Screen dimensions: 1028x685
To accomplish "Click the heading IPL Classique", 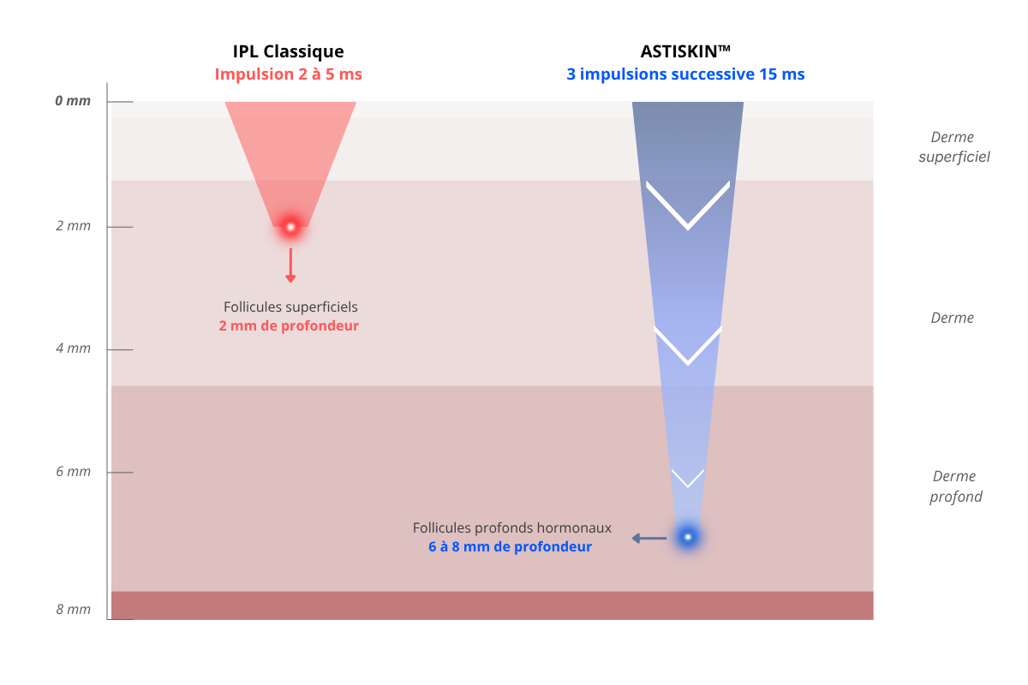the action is pos(288,52).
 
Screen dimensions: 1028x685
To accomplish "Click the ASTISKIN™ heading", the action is pos(685,51).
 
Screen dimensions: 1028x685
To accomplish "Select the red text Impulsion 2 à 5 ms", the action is pos(288,74).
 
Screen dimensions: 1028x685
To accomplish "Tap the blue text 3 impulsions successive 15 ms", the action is pos(685,74).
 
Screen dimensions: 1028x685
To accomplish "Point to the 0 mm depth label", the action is pos(73,100).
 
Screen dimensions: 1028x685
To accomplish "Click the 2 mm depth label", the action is pos(74,226).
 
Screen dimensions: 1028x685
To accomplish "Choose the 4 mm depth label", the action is pos(74,348).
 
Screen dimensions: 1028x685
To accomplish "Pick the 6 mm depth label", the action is pos(74,471).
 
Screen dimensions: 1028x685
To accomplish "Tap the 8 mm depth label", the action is pos(74,610).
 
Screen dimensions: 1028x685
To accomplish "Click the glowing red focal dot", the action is pos(290,227).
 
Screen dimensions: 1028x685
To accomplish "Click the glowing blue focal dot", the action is pos(687,537).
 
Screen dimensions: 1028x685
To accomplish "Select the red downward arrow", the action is pos(290,265).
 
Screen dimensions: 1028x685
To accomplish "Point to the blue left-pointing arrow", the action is pos(649,539).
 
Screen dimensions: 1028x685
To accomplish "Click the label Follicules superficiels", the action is pos(290,307).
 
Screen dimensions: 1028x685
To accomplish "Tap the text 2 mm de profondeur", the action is pos(289,325).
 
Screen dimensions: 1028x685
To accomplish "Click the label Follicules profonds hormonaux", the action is pos(512,528).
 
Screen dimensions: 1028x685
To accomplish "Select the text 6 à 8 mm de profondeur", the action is pos(511,547).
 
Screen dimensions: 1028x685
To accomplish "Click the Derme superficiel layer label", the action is pos(954,146).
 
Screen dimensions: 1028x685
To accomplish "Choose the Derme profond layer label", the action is pos(955,486).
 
